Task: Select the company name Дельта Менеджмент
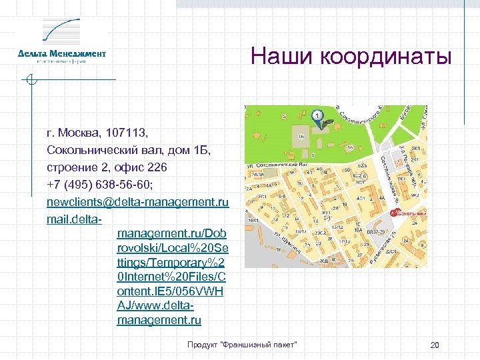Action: coord(62,53)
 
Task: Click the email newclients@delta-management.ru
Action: coord(137,201)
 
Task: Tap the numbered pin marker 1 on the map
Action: coord(318,115)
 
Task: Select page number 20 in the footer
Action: coord(435,345)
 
